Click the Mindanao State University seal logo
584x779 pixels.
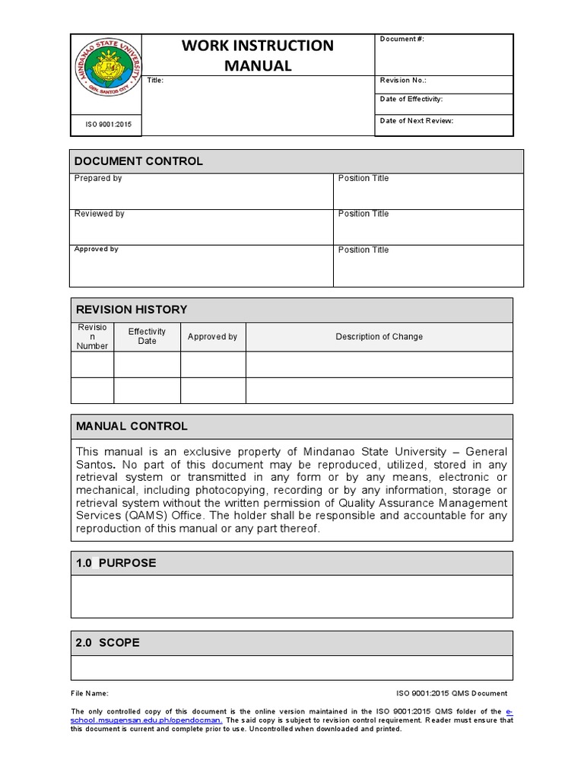pyautogui.click(x=106, y=75)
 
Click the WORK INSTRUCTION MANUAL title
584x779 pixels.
pyautogui.click(x=257, y=56)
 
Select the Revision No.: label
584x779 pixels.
pyautogui.click(x=403, y=80)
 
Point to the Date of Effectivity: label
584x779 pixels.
pyautogui.click(x=411, y=99)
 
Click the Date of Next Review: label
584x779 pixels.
pyautogui.click(x=416, y=120)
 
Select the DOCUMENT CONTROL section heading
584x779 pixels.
pyautogui.click(x=138, y=161)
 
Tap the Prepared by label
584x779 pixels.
pyautogui.click(x=98, y=178)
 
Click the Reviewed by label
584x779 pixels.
pyautogui.click(x=100, y=214)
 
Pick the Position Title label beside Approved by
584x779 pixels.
pyautogui.click(x=363, y=250)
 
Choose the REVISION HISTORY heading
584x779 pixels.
pyautogui.click(x=131, y=310)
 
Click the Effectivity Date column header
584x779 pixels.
pyautogui.click(x=147, y=336)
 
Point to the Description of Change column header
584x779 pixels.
pyautogui.click(x=379, y=336)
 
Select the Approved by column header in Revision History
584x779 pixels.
pyautogui.click(x=212, y=336)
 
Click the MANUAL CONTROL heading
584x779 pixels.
pyautogui.click(x=132, y=426)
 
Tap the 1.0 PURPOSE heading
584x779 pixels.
pyautogui.click(x=116, y=563)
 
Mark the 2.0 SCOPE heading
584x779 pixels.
pyautogui.click(x=108, y=643)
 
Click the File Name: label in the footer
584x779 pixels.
pyautogui.click(x=90, y=693)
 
